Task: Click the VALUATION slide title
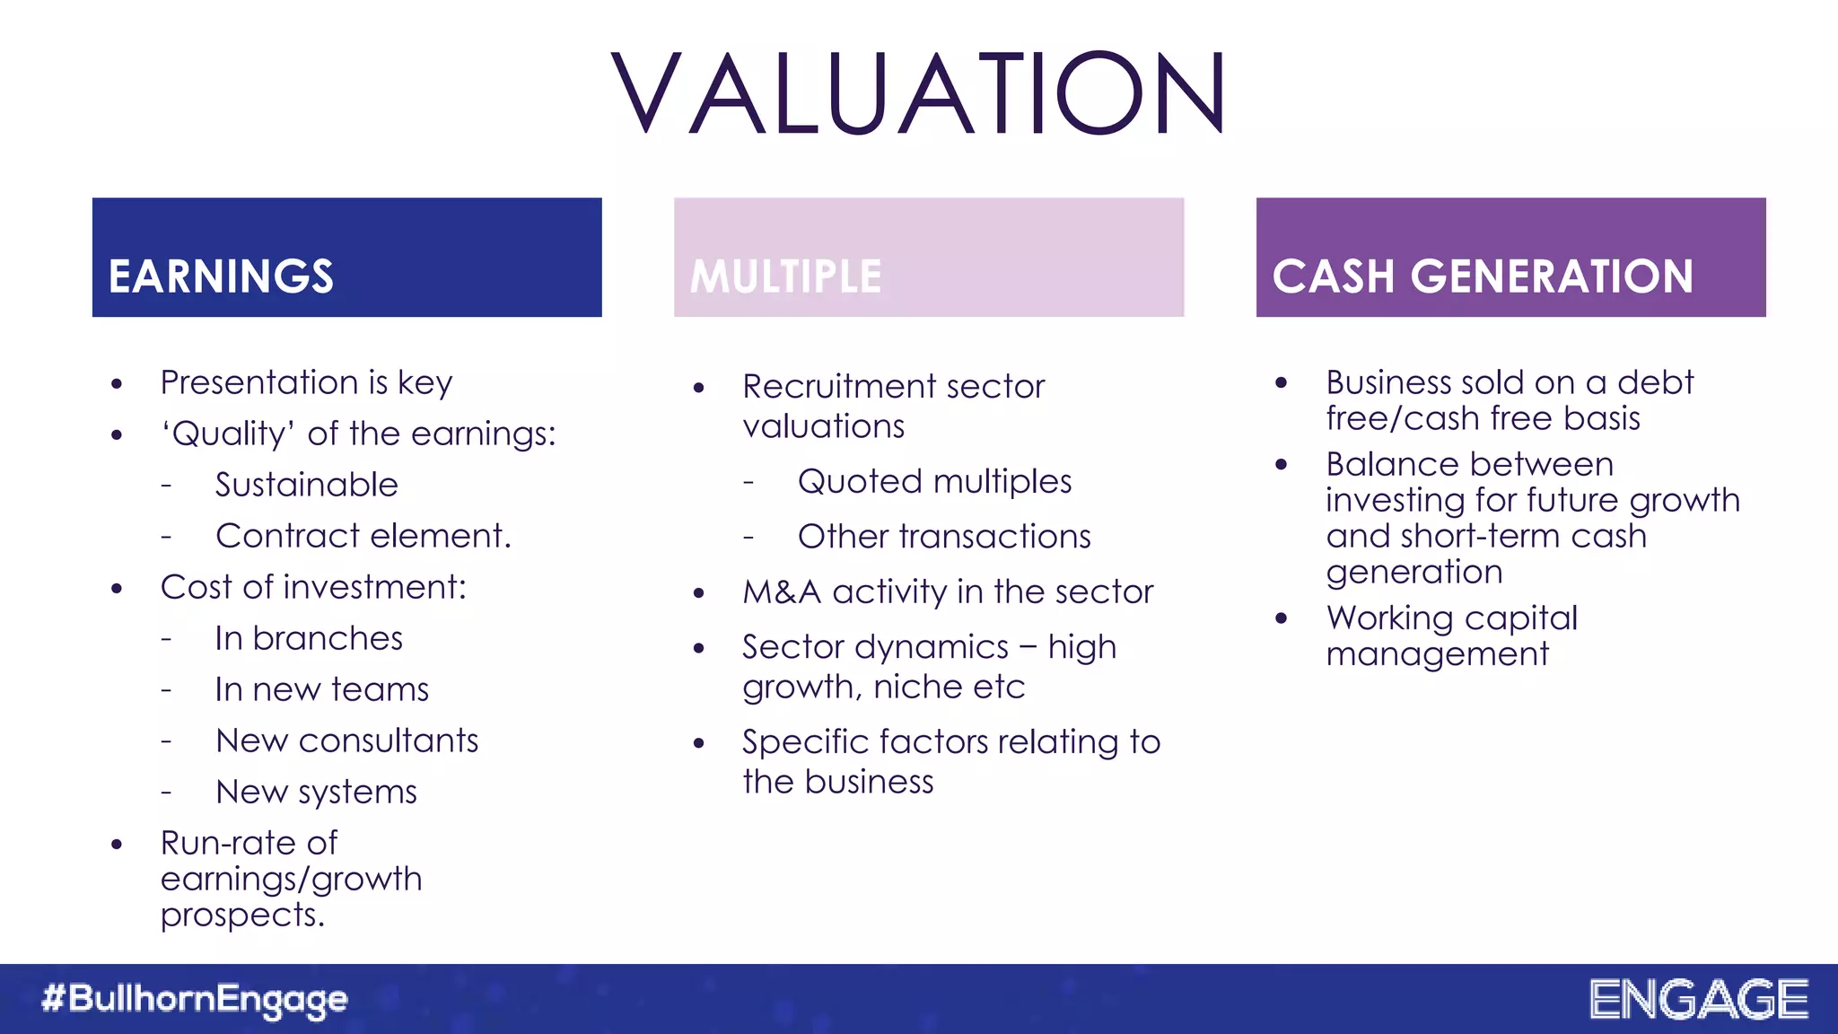click(x=918, y=93)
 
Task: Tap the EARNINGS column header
click(x=221, y=276)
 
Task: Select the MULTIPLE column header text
click(x=785, y=276)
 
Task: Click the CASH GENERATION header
click(x=1483, y=276)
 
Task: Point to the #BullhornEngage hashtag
click(x=195, y=999)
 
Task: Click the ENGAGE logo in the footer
click(x=1698, y=999)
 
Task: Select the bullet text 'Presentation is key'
click(x=306, y=382)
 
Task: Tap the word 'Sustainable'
click(x=306, y=485)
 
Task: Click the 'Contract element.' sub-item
click(x=363, y=536)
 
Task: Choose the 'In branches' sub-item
click(x=309, y=638)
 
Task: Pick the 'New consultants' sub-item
click(x=347, y=740)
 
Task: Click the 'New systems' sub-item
click(x=317, y=792)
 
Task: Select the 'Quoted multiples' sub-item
click(x=934, y=481)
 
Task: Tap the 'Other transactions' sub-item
click(x=944, y=537)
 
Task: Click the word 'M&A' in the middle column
click(x=781, y=592)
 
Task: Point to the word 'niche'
click(x=910, y=688)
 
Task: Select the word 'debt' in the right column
click(x=1655, y=382)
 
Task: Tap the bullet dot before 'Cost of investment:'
click(x=117, y=589)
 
